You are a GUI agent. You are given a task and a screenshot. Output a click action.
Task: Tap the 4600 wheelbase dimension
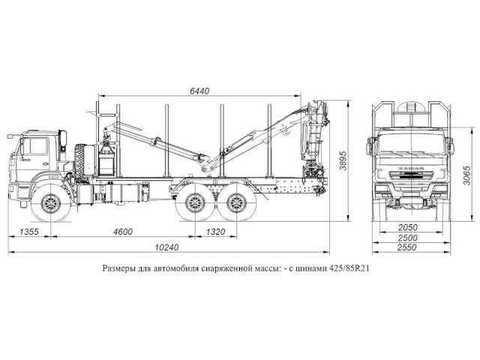point(123,232)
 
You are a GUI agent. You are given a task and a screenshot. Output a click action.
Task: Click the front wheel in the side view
point(50,202)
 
